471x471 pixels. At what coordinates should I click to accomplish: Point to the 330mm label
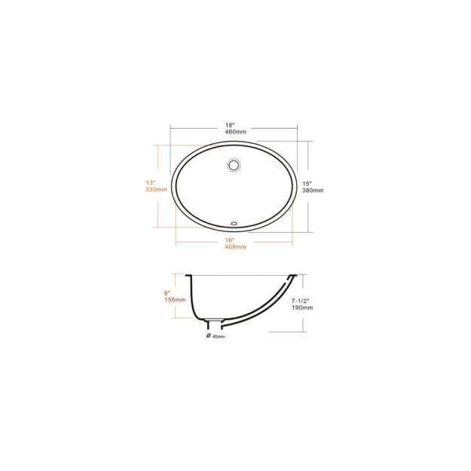point(155,190)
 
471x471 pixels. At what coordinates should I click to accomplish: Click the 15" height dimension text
point(307,182)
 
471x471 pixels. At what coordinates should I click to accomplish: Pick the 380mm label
point(312,191)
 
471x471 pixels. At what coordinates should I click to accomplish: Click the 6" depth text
point(167,291)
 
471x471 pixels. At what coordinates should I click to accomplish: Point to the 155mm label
point(175,299)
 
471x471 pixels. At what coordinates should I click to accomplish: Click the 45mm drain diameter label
point(219,336)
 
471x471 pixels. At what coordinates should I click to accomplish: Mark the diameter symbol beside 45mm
point(207,335)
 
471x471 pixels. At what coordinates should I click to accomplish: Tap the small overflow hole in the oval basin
point(233,223)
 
